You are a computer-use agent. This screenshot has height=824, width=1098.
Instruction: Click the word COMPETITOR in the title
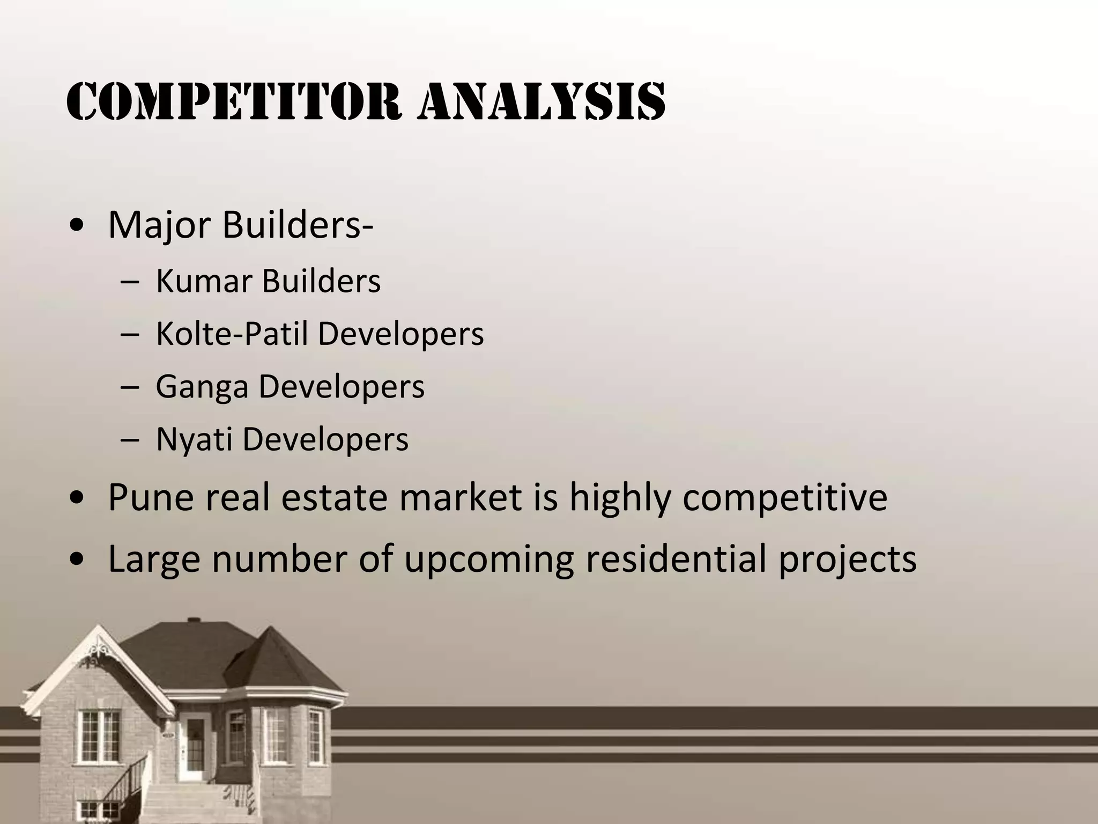[234, 102]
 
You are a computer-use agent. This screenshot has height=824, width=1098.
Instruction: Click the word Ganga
[202, 387]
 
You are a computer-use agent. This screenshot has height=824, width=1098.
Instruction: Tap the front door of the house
[194, 746]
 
